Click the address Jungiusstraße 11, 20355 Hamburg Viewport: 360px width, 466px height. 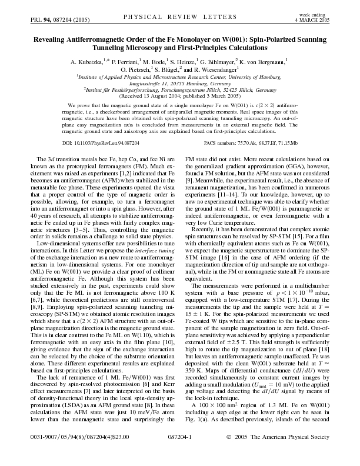click(179, 83)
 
